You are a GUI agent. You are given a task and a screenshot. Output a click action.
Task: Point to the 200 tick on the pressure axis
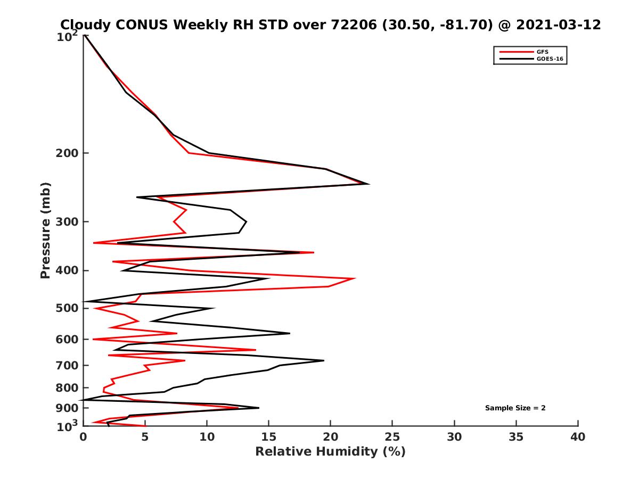click(x=69, y=153)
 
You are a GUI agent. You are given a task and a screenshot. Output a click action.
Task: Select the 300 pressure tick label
click(x=69, y=222)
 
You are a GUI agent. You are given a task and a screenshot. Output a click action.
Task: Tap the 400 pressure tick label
click(x=69, y=270)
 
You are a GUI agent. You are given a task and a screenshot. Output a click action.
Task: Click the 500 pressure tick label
click(x=69, y=308)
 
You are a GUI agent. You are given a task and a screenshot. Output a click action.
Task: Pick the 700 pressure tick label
click(x=69, y=365)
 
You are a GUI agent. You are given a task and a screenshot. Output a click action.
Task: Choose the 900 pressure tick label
click(x=69, y=408)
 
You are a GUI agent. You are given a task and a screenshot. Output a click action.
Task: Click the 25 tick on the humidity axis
click(x=392, y=437)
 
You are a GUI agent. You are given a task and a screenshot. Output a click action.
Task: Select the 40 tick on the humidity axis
click(x=578, y=437)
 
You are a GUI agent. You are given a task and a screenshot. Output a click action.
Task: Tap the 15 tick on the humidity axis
click(x=269, y=437)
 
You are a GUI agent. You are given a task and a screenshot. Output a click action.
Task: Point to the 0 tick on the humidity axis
click(x=84, y=437)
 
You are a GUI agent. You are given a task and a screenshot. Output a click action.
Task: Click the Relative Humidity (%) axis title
click(x=330, y=452)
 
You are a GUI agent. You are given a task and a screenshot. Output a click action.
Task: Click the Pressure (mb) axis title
click(x=46, y=230)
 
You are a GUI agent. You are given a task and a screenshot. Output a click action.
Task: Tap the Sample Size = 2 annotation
click(x=515, y=408)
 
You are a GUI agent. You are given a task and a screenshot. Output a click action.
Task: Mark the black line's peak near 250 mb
click(x=368, y=184)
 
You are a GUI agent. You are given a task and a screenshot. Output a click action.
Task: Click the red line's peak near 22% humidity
click(x=355, y=278)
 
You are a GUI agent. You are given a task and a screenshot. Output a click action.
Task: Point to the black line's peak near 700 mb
click(x=324, y=360)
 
